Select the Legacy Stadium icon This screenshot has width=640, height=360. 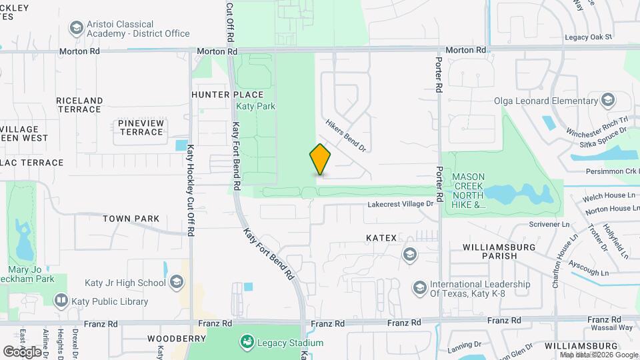pos(247,342)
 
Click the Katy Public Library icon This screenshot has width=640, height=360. pos(61,301)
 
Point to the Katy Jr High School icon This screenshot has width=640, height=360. pos(176,283)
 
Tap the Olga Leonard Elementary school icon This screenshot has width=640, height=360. pos(607,101)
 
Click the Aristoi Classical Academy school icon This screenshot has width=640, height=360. pos(76,28)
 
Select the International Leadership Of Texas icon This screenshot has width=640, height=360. pos(420,287)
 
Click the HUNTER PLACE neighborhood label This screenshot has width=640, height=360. pos(219,95)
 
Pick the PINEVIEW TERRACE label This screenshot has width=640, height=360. pos(141,127)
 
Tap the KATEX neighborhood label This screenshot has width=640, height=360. pos(381,237)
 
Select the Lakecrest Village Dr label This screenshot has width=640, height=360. pos(400,204)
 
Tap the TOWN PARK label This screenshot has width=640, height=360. pos(131,218)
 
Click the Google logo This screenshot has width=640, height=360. pos(23,351)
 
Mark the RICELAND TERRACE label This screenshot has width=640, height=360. pos(79,105)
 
